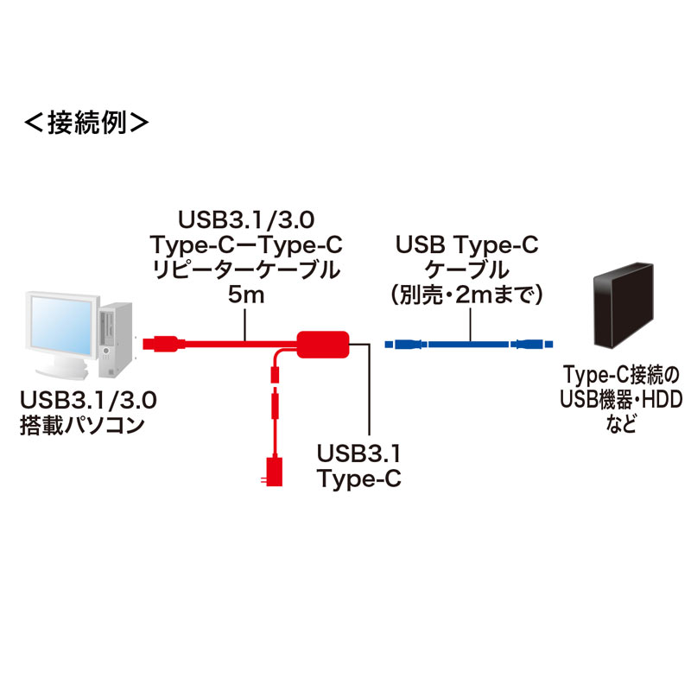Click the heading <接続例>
[87, 122]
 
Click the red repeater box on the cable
[323, 344]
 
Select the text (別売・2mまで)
[466, 296]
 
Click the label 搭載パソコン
[80, 426]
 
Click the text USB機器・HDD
[619, 400]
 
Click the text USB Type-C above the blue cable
[466, 246]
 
